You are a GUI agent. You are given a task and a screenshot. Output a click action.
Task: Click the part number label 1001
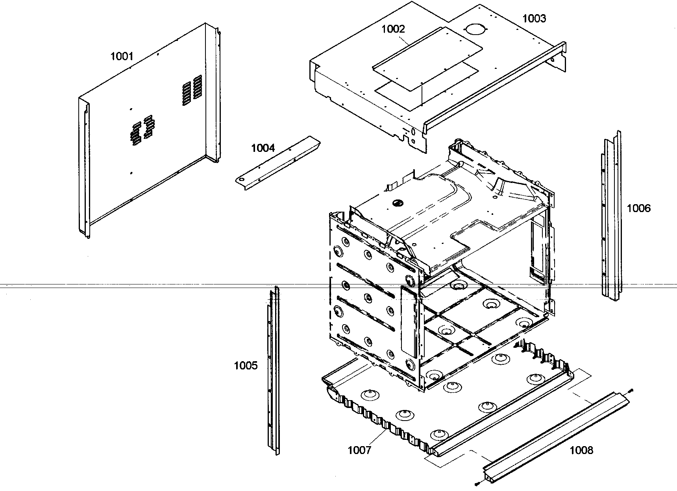click(x=122, y=56)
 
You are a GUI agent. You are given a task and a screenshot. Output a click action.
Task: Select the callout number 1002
click(x=393, y=29)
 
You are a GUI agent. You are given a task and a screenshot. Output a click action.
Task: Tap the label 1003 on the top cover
click(x=534, y=18)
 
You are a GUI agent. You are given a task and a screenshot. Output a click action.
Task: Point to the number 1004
click(x=263, y=148)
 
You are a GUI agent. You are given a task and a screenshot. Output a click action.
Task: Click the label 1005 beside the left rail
click(x=246, y=365)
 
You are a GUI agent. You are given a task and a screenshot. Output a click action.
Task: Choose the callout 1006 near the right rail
click(x=638, y=208)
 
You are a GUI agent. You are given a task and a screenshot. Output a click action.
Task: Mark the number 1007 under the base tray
click(x=359, y=450)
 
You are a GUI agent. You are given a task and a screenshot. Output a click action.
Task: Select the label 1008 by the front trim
click(x=581, y=450)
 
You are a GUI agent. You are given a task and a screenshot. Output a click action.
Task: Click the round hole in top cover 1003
click(x=475, y=30)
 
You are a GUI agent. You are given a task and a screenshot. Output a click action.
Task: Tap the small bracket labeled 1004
click(x=277, y=163)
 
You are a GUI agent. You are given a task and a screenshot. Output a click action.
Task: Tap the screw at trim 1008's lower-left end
click(x=477, y=483)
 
